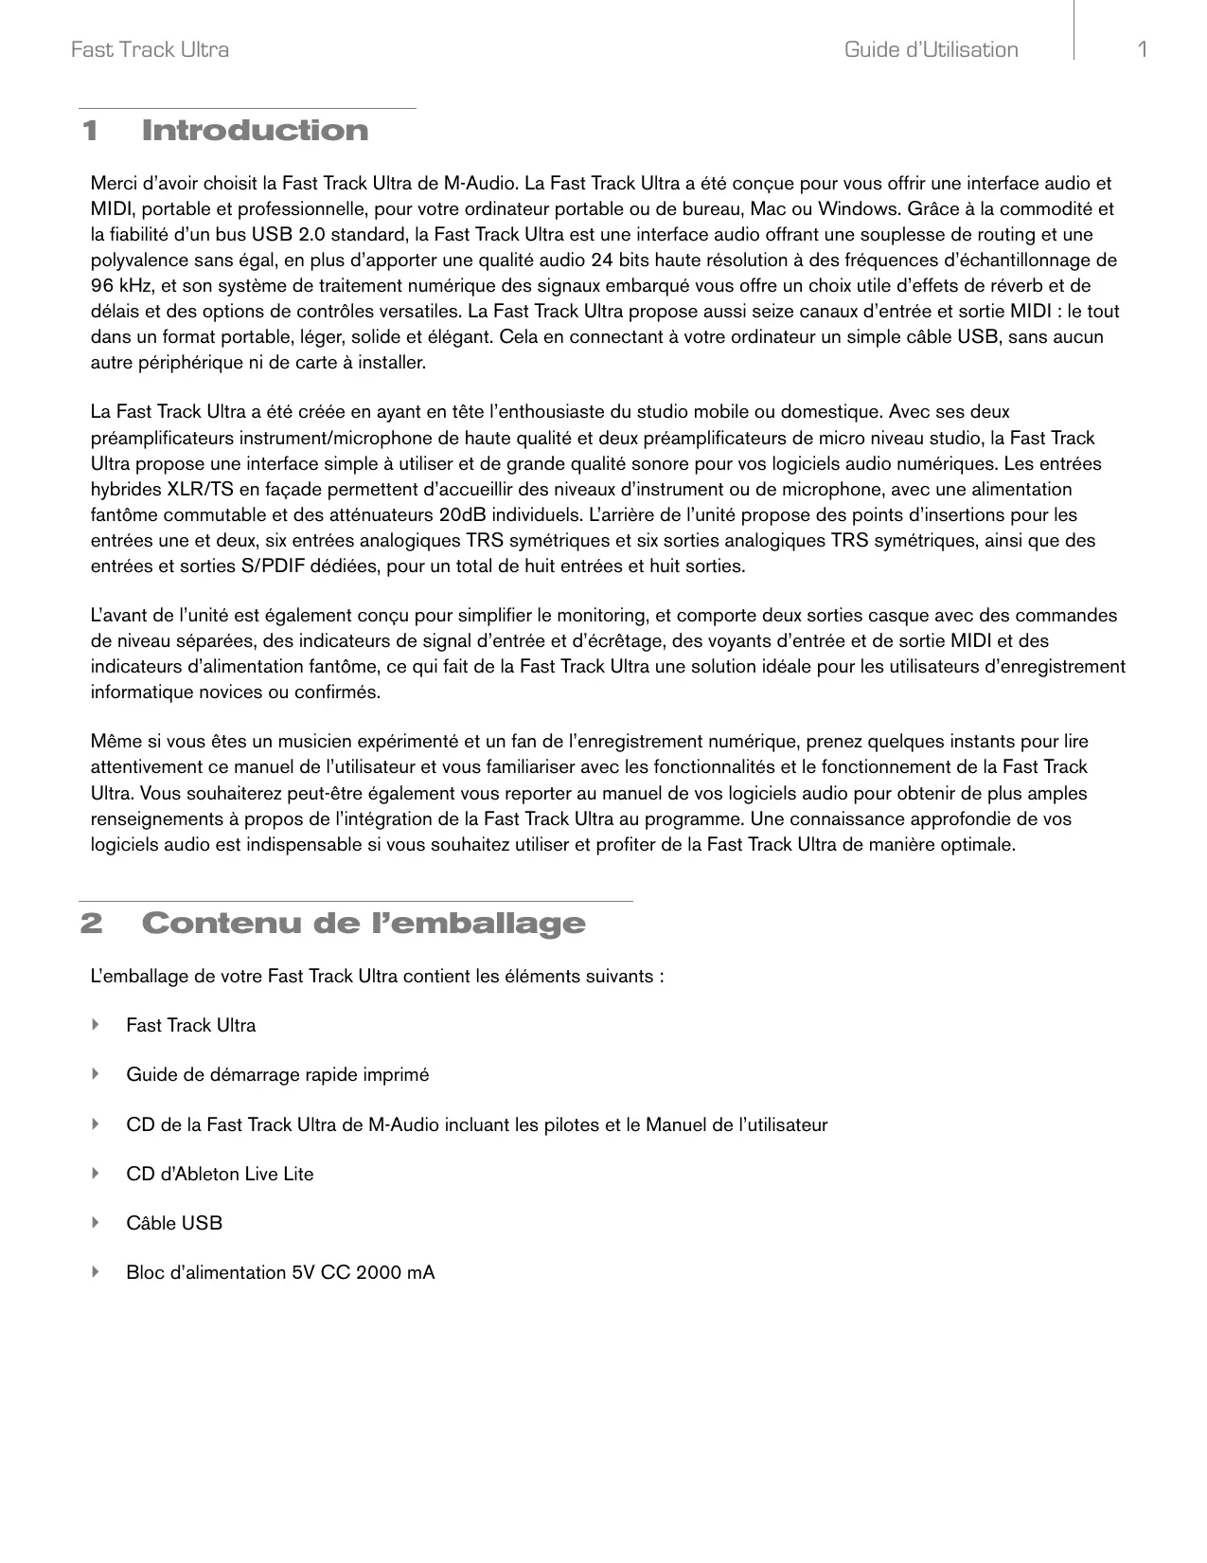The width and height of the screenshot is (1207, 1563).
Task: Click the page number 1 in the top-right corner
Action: point(1143,49)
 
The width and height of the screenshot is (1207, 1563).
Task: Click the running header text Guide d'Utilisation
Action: point(931,49)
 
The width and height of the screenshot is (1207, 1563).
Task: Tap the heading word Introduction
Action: point(255,131)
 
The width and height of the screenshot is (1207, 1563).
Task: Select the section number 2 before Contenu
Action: point(91,924)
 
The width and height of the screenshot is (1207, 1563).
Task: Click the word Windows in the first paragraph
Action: point(858,208)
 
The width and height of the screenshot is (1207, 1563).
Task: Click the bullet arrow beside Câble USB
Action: point(95,1223)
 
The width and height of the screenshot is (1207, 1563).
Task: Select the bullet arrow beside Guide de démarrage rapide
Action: point(95,1074)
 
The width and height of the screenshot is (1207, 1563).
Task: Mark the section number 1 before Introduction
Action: point(90,131)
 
